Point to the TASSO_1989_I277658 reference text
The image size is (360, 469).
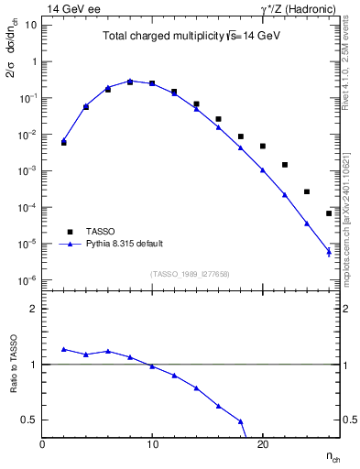(x=191, y=273)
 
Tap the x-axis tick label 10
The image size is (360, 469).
(x=152, y=444)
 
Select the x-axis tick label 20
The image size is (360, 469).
(x=262, y=444)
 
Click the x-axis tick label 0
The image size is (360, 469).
(x=42, y=444)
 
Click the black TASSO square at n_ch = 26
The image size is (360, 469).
(x=329, y=213)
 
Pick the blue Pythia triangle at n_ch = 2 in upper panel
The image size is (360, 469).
(x=64, y=140)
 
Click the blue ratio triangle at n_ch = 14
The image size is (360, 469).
(x=196, y=387)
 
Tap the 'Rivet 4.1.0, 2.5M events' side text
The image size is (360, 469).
(x=352, y=64)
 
